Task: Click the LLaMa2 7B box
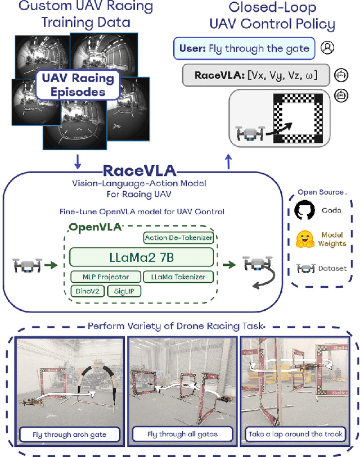pyautogui.click(x=141, y=257)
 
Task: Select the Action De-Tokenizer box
pyautogui.click(x=178, y=238)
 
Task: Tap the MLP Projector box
pyautogui.click(x=104, y=277)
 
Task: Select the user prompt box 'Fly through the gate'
pyautogui.click(x=243, y=48)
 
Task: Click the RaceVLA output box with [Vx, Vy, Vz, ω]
pyautogui.click(x=256, y=75)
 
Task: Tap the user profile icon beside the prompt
pyautogui.click(x=327, y=48)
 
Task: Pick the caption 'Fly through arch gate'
pyautogui.click(x=69, y=434)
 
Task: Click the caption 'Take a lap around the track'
pyautogui.click(x=295, y=434)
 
